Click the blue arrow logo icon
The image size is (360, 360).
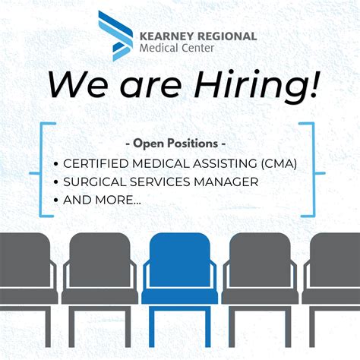coord(113,36)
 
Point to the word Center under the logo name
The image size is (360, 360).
coord(198,49)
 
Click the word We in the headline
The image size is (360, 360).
coord(77,84)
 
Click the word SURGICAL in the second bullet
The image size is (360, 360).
coord(93,182)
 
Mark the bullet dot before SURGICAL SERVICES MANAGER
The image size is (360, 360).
coord(56,183)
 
